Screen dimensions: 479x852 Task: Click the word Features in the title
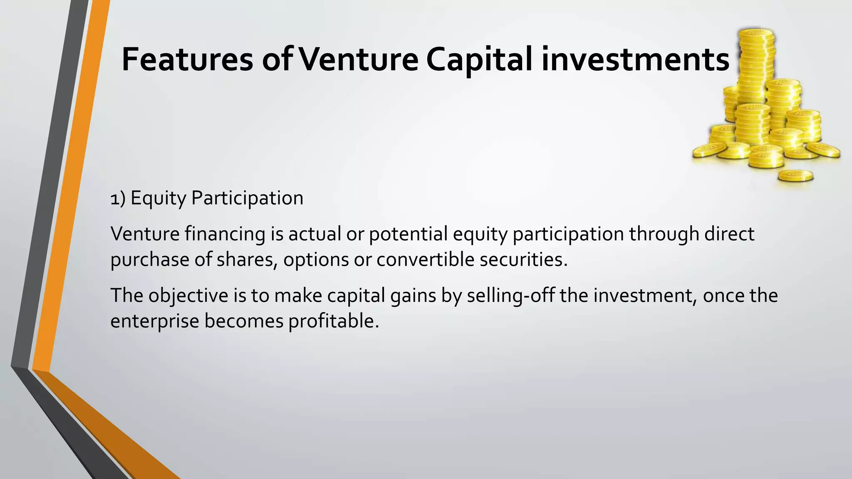(187, 59)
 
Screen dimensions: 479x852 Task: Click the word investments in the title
(635, 59)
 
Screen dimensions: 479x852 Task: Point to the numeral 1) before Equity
(118, 199)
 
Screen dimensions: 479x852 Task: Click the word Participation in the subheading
(247, 198)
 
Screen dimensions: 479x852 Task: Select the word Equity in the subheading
(158, 198)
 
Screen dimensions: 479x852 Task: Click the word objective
(188, 296)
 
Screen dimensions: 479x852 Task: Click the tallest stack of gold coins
(756, 58)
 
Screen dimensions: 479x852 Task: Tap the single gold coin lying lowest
(795, 175)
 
